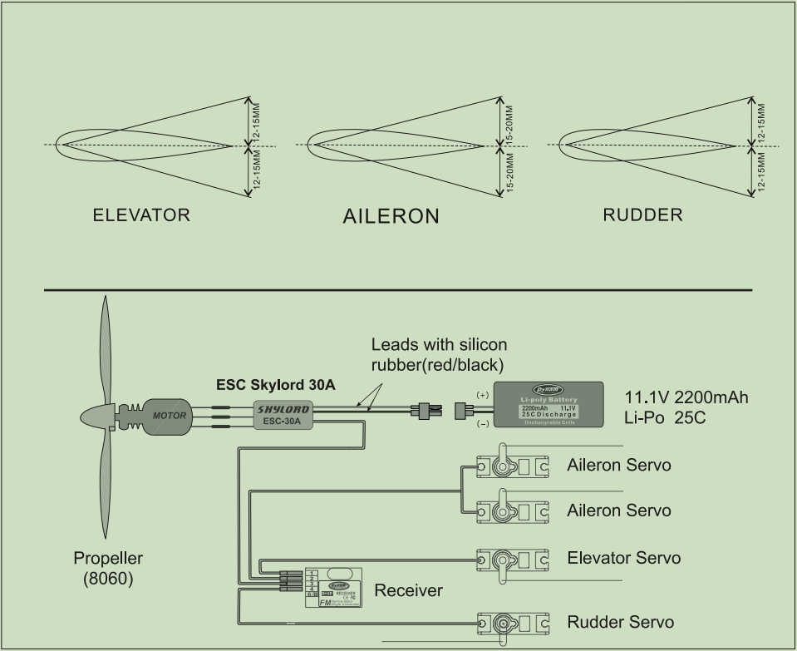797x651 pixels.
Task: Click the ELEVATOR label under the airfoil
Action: pos(141,215)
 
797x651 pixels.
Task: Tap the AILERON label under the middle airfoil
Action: pos(391,217)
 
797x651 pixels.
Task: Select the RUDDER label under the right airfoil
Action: pos(642,215)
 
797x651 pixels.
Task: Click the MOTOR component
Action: pos(169,414)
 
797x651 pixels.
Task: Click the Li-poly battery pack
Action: pos(549,404)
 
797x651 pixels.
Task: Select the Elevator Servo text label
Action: pos(623,558)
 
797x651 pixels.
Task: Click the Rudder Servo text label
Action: pos(620,622)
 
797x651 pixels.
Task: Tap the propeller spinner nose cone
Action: pos(93,416)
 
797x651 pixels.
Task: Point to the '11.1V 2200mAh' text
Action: pos(686,397)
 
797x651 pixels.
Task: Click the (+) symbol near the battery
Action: pos(482,394)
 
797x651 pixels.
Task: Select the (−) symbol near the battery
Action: pos(482,423)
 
